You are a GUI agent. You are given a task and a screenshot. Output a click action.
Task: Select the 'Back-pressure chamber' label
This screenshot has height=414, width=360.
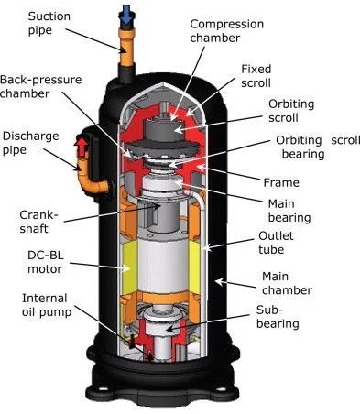[36, 88]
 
